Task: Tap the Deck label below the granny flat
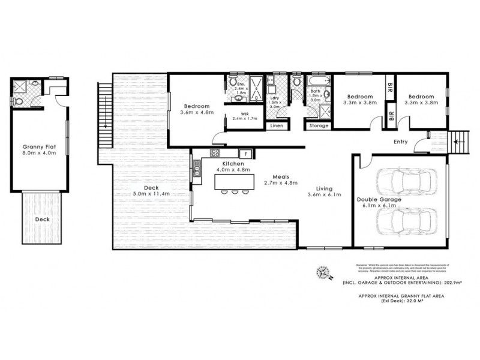point(42,219)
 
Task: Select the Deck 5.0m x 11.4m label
point(146,190)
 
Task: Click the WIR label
point(244,113)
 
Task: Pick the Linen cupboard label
point(277,126)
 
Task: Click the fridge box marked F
point(245,153)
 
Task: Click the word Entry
point(400,142)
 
